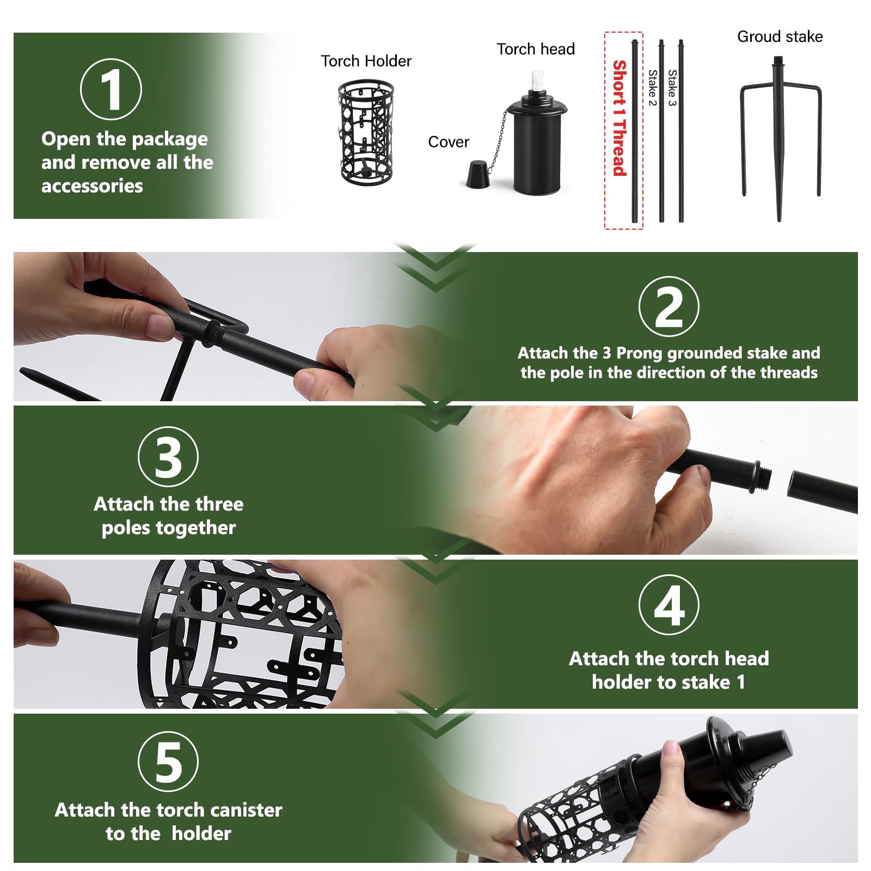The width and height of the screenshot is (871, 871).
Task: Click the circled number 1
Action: point(111,89)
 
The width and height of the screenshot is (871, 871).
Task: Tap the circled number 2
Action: point(668,306)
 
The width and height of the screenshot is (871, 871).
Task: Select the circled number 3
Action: point(168,457)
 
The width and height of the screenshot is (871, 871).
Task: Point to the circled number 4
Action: point(668,605)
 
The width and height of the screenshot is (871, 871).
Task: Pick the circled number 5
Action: point(168,762)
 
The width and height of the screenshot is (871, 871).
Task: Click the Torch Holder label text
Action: point(366,61)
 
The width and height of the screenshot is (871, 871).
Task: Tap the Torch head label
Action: point(536,49)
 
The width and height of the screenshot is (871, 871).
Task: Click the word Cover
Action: point(448,142)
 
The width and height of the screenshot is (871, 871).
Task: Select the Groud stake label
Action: point(780,36)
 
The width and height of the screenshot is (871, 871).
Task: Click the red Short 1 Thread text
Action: point(619,118)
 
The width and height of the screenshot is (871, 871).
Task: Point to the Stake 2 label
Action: point(652,88)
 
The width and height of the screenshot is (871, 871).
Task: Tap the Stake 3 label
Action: point(672,88)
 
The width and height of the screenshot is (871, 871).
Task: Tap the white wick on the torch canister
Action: point(537,82)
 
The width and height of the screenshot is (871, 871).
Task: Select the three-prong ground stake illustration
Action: point(779,136)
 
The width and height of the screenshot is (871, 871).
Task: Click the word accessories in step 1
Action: point(92,186)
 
